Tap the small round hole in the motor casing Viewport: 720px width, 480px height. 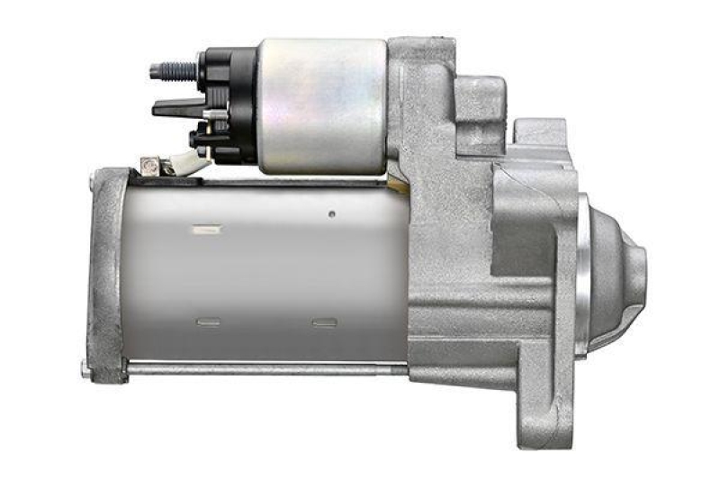coord(331,214)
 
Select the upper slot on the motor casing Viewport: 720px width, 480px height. coord(206,231)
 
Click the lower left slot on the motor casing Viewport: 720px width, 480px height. coord(208,321)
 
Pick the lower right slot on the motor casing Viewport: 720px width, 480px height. coord(323,322)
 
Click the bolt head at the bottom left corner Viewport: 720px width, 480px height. coord(85,367)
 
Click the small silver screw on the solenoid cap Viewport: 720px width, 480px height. coord(209,113)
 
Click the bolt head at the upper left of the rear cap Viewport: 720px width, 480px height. coord(92,184)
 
